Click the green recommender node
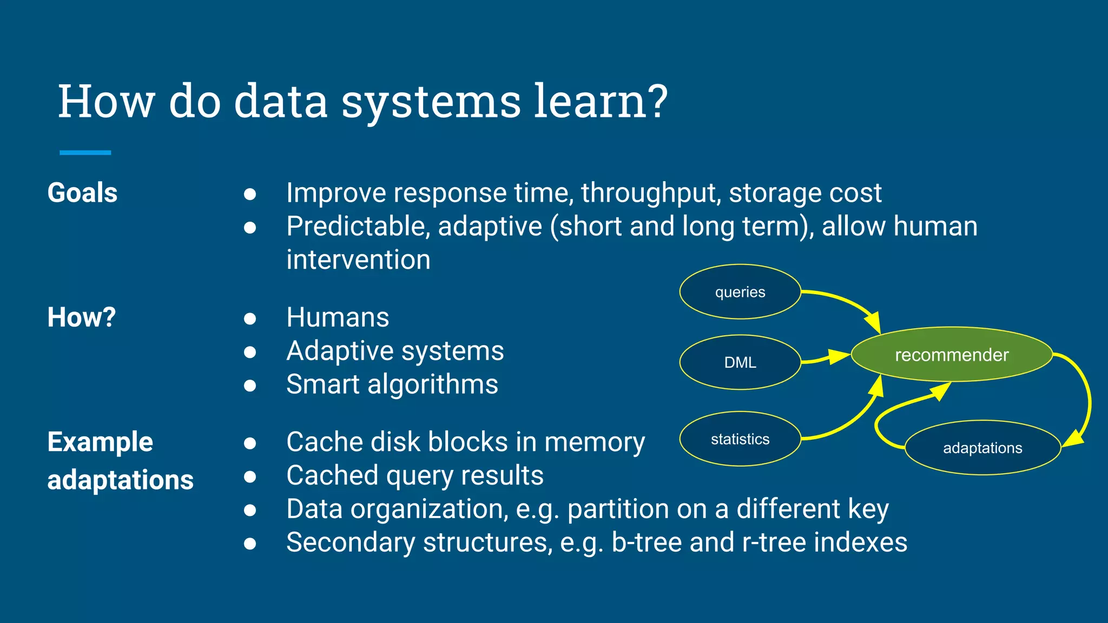point(951,354)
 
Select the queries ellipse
point(740,292)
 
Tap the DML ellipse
point(740,362)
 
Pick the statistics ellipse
point(740,439)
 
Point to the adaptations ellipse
point(982,448)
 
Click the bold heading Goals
point(82,193)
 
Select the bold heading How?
point(82,317)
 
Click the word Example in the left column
point(100,442)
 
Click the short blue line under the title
point(85,153)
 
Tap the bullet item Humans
point(338,317)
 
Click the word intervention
point(358,260)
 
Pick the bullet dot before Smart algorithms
point(249,385)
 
